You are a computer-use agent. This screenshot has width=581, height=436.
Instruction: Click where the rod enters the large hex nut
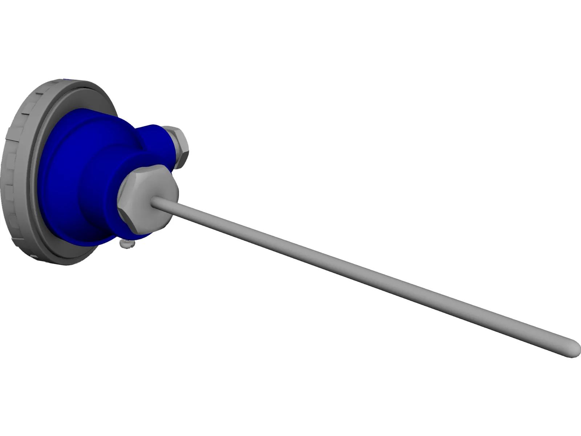point(155,202)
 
